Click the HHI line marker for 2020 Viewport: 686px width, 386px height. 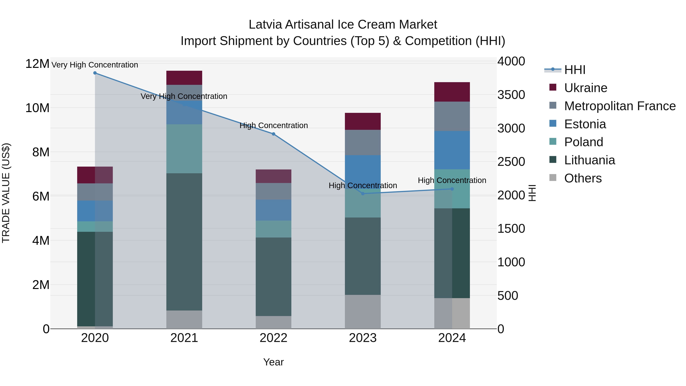point(95,73)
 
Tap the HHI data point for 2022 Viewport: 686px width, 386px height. point(273,134)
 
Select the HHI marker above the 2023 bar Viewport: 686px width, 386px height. point(363,194)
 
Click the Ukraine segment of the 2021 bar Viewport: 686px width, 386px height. point(184,78)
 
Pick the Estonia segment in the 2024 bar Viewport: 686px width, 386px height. point(452,150)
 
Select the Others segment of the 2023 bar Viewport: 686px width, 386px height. point(363,312)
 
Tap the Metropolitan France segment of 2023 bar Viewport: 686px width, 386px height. point(363,143)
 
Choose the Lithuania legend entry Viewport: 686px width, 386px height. point(589,160)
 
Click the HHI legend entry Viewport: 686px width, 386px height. point(575,70)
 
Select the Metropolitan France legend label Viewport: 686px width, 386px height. point(620,106)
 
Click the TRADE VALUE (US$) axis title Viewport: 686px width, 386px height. point(6,193)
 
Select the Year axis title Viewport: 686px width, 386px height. point(273,362)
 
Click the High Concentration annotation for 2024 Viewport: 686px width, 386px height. point(452,180)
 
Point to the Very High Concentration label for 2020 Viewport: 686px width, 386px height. point(95,65)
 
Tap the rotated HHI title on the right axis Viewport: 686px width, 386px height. point(532,193)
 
